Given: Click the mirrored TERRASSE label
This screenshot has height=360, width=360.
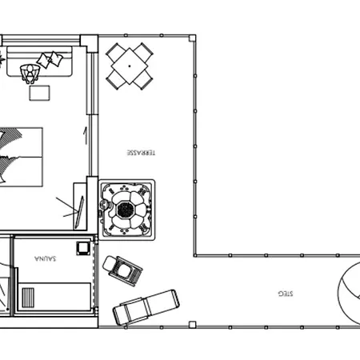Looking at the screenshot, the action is click(x=141, y=153).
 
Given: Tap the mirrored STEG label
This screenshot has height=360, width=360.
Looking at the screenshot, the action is click(x=286, y=294).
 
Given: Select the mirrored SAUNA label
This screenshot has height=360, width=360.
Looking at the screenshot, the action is click(x=46, y=258).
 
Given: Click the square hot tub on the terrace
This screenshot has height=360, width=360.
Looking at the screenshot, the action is click(x=126, y=210).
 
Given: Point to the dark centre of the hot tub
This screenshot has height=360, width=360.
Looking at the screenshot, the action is click(x=126, y=210).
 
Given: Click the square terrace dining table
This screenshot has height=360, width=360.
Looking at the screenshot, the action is click(x=130, y=66).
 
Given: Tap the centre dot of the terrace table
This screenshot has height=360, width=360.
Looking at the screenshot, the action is click(x=130, y=66).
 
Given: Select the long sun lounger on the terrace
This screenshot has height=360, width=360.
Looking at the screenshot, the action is click(x=146, y=307).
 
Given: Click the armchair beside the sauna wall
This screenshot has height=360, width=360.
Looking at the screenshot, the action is click(x=122, y=270).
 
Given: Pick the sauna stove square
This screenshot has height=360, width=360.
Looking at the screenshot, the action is click(x=82, y=248).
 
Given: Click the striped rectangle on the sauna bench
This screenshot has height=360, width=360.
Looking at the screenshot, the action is click(x=28, y=298).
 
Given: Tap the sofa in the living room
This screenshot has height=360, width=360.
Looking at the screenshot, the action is click(x=39, y=62).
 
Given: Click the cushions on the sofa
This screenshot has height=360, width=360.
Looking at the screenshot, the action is click(x=50, y=59).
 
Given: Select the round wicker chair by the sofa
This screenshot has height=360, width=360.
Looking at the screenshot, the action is click(x=30, y=74).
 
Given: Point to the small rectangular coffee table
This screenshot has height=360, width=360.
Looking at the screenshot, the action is click(x=39, y=93).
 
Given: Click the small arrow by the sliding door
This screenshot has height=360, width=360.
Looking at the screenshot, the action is click(x=86, y=136).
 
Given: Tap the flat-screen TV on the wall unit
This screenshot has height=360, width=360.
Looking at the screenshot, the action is click(x=79, y=213).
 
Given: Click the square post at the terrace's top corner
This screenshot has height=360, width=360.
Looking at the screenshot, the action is click(x=192, y=38).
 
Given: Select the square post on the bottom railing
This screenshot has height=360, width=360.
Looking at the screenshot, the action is click(x=192, y=325).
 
